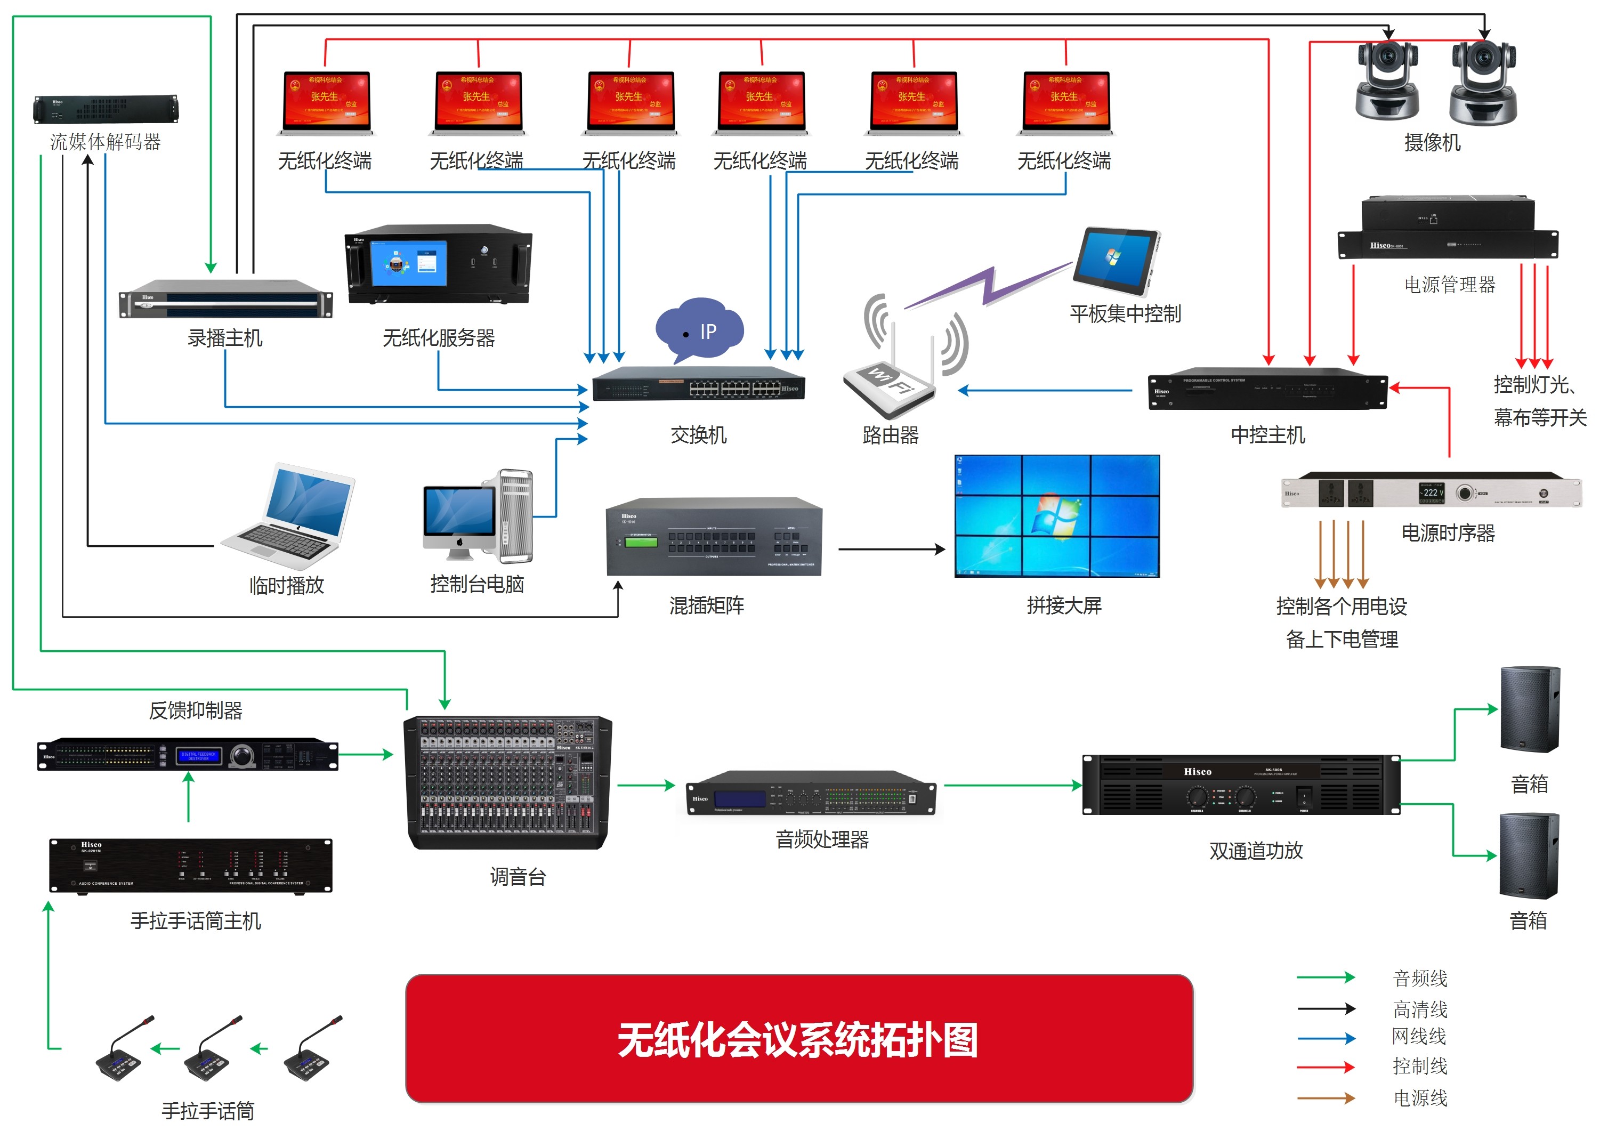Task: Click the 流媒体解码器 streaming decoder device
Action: tap(106, 109)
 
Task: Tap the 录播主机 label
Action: tap(225, 338)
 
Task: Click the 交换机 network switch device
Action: tap(698, 384)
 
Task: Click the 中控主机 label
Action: tap(1267, 435)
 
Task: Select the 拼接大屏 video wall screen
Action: tap(1056, 516)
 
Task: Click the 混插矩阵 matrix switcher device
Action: tap(714, 537)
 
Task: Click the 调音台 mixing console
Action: tap(508, 782)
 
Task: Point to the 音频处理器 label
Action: tap(822, 839)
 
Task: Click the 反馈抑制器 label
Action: tap(196, 711)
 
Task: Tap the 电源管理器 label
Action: tap(1450, 285)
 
